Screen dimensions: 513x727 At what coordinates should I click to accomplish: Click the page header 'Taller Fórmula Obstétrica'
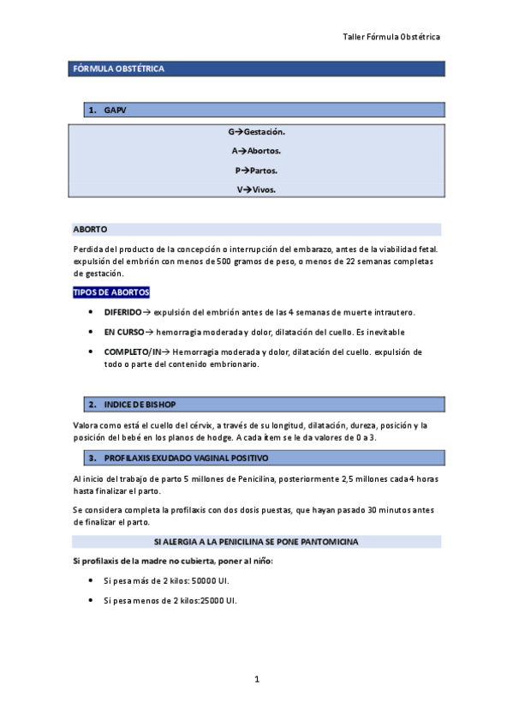(391, 38)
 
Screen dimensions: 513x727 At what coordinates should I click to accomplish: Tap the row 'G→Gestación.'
(256, 132)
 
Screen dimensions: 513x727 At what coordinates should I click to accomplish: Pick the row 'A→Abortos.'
(256, 151)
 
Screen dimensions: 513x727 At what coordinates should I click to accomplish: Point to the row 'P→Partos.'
(256, 171)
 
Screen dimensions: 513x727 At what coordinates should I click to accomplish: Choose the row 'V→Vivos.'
(256, 189)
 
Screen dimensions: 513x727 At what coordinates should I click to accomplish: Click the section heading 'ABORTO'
(90, 230)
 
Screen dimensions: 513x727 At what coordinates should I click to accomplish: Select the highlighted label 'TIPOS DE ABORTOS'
(111, 292)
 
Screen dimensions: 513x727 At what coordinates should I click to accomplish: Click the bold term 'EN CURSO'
(123, 332)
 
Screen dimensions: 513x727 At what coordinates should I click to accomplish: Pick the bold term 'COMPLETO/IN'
(133, 351)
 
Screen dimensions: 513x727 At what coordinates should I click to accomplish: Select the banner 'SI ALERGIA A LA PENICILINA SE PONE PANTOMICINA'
(256, 542)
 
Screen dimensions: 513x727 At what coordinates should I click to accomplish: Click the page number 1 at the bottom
(256, 680)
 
